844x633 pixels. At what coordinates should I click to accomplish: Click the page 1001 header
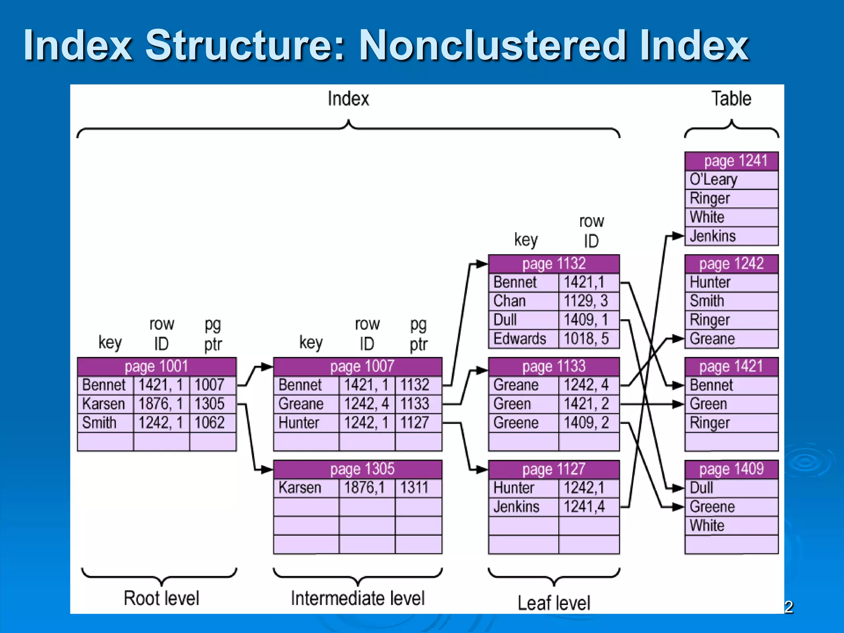pos(157,366)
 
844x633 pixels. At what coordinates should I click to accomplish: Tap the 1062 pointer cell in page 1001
pos(210,422)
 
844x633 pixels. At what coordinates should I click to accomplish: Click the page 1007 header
pos(358,366)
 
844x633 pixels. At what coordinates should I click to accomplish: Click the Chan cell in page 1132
pos(511,301)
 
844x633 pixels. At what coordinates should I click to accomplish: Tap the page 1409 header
pos(731,469)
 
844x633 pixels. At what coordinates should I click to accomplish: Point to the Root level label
pos(161,598)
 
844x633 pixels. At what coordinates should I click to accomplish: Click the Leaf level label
pos(553,603)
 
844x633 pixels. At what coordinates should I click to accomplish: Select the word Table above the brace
pos(731,99)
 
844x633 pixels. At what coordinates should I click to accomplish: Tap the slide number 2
pos(789,607)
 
